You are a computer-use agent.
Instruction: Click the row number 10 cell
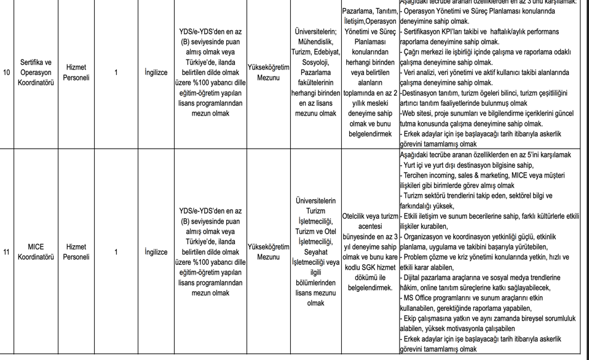6,72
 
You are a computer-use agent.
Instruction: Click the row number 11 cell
6,252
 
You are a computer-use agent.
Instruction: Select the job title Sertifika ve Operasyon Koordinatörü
36,72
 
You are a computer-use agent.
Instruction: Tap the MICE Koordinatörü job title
36,252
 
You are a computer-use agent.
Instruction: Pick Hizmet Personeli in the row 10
76,72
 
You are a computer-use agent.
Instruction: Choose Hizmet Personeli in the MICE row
76,252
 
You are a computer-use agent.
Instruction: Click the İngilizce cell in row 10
156,72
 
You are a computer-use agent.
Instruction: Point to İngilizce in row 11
156,252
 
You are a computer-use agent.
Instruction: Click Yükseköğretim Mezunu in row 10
268,72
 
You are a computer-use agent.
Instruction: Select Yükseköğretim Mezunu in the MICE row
268,252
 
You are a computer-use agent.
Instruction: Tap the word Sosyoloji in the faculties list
315,63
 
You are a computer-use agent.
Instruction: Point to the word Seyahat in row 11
315,252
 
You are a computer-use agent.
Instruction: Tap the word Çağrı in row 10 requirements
412,52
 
